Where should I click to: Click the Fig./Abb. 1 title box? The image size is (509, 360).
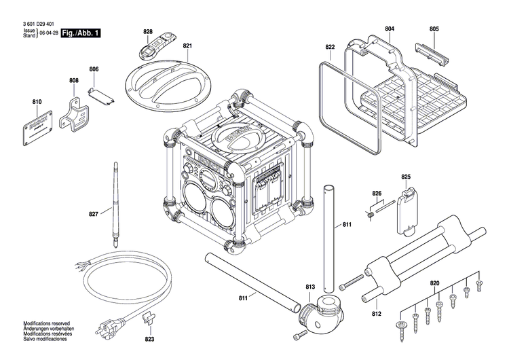[x=80, y=33]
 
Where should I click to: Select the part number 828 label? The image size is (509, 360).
[x=148, y=31]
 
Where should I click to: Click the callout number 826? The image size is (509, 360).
[x=377, y=194]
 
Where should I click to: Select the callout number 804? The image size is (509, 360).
[x=390, y=29]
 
